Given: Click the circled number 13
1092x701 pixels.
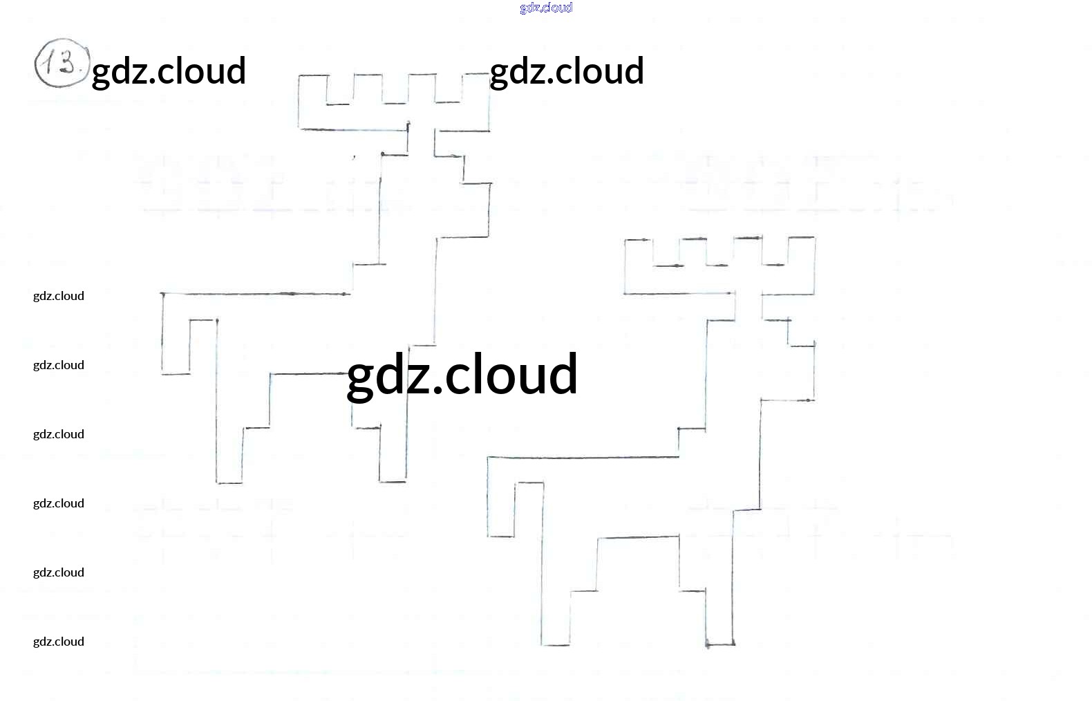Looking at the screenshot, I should pyautogui.click(x=62, y=64).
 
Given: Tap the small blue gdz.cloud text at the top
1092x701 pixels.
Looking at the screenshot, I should pyautogui.click(x=546, y=8).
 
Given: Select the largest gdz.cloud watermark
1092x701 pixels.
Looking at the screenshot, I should pyautogui.click(x=462, y=374).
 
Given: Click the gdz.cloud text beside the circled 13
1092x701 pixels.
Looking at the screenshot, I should pyautogui.click(x=169, y=71).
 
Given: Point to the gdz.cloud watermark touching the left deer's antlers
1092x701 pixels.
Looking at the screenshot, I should pyautogui.click(x=567, y=71).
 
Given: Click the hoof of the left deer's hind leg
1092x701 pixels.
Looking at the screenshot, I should pyautogui.click(x=229, y=482).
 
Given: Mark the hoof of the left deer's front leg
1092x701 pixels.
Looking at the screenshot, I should pyautogui.click(x=393, y=480).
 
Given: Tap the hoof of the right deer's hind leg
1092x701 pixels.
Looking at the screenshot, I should pyautogui.click(x=555, y=644).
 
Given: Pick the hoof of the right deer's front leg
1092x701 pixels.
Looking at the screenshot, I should pyautogui.click(x=719, y=644).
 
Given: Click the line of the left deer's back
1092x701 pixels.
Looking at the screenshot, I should pyautogui.click(x=256, y=294).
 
